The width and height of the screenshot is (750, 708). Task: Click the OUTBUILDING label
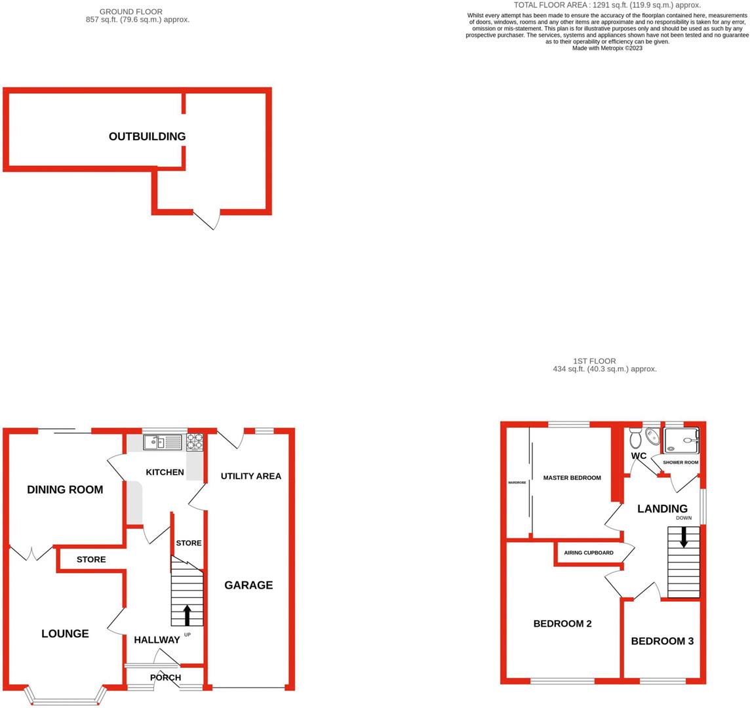[147, 136]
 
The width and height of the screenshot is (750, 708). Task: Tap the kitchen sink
[164, 442]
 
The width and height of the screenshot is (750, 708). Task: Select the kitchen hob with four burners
[195, 442]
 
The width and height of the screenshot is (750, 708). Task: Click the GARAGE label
[248, 585]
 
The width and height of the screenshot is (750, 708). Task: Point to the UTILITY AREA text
[250, 476]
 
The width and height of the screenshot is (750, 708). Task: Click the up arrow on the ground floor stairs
[187, 615]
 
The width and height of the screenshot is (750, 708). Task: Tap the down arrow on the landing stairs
[684, 538]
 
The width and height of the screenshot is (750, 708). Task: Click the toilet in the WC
[634, 437]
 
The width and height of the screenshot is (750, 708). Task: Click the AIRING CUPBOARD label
[589, 553]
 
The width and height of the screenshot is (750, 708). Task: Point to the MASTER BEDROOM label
[572, 478]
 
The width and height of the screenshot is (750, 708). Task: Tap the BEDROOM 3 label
[662, 641]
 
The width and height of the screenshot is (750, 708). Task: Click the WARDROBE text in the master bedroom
[517, 482]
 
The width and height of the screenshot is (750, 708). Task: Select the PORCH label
[165, 677]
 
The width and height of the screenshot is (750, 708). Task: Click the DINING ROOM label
[65, 489]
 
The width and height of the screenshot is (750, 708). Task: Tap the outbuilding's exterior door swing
[207, 221]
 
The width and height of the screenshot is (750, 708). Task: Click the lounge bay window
[65, 700]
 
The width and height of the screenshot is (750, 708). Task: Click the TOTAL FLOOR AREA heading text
[607, 5]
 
